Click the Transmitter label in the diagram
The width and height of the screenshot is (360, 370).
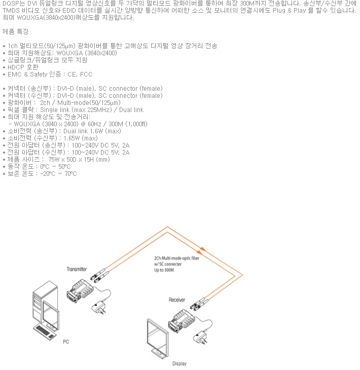(x=77, y=269)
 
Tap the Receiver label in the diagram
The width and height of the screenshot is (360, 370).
(x=177, y=300)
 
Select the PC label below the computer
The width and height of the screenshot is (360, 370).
(x=66, y=342)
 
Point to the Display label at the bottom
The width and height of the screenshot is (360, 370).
(x=179, y=363)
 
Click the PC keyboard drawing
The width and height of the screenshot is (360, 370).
(x=46, y=332)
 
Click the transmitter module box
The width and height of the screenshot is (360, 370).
(x=80, y=291)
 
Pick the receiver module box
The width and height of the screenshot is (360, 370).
(x=182, y=321)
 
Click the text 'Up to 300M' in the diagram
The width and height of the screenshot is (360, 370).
(x=164, y=270)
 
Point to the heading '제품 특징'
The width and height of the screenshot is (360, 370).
(x=15, y=31)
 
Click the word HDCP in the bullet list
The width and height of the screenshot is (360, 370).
(x=16, y=67)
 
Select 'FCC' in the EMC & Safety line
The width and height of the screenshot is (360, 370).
(x=86, y=75)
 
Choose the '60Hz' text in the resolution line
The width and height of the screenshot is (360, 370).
(x=94, y=124)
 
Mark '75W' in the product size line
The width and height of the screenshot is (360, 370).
(x=54, y=160)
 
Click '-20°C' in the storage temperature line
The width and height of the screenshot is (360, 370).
(x=48, y=174)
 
